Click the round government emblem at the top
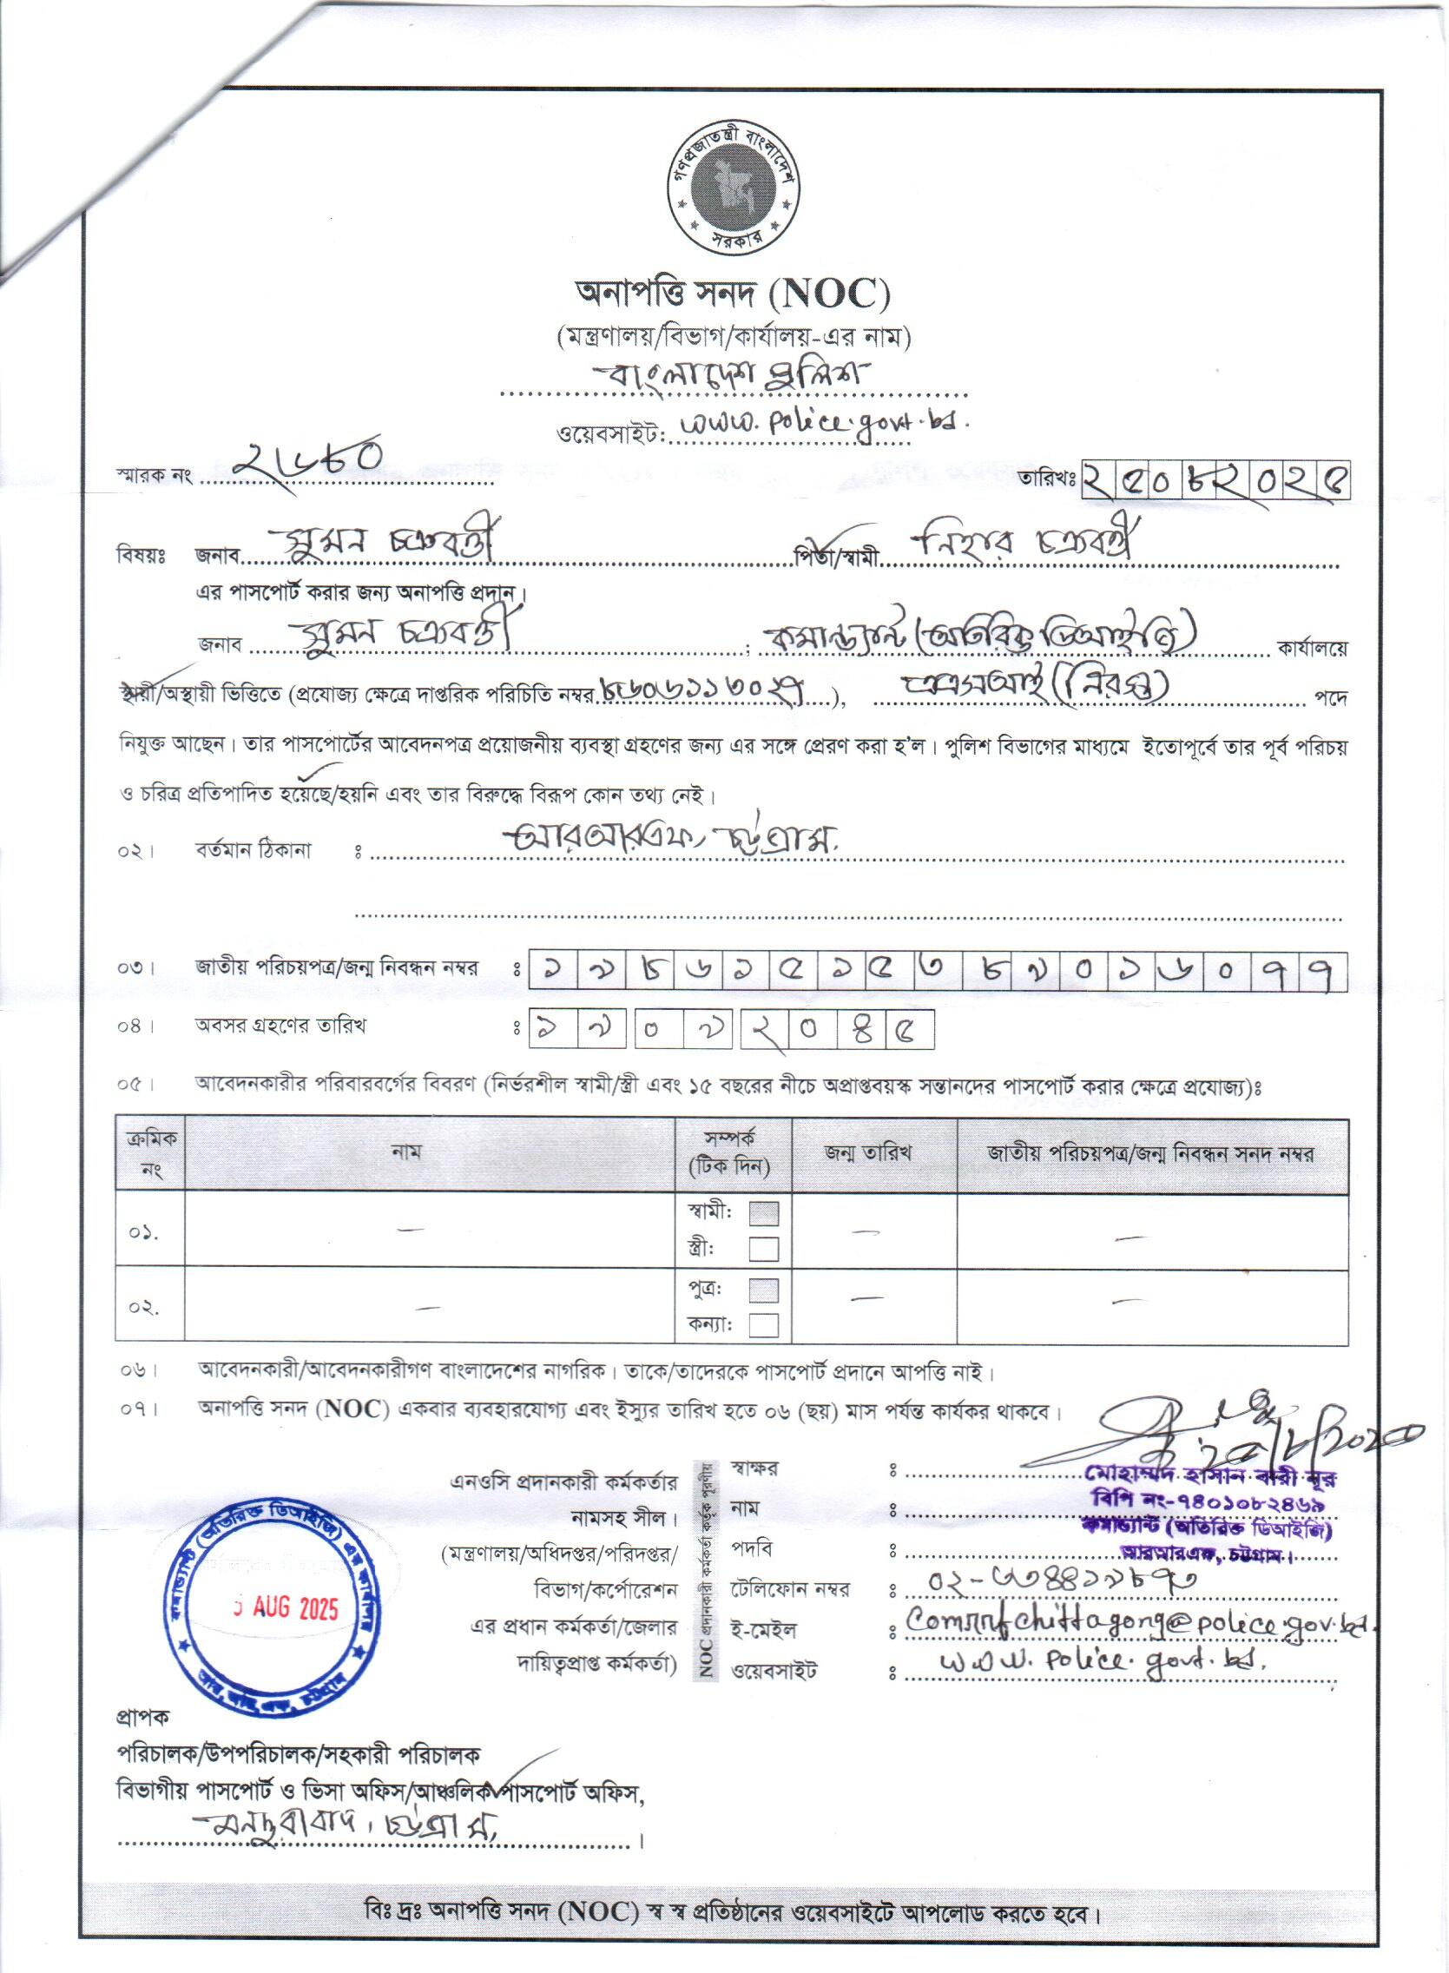click(x=732, y=188)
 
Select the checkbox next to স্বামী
click(x=764, y=1214)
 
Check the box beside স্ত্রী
click(x=764, y=1249)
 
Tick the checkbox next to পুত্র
click(x=764, y=1290)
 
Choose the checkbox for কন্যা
click(x=764, y=1324)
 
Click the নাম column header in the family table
click(x=406, y=1151)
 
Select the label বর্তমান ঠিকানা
click(x=254, y=850)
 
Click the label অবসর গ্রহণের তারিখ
click(x=280, y=1026)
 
